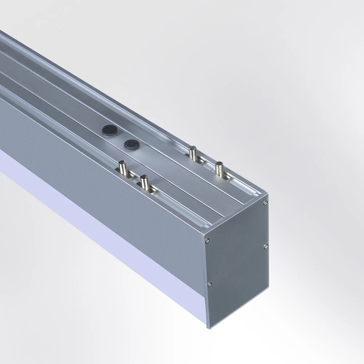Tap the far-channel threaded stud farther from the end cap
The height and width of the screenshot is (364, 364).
pyautogui.click(x=192, y=152)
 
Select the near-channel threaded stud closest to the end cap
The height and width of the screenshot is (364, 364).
pyautogui.click(x=145, y=181)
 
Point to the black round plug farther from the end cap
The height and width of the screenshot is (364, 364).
pyautogui.click(x=108, y=129)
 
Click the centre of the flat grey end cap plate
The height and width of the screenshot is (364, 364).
pyautogui.click(x=237, y=262)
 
